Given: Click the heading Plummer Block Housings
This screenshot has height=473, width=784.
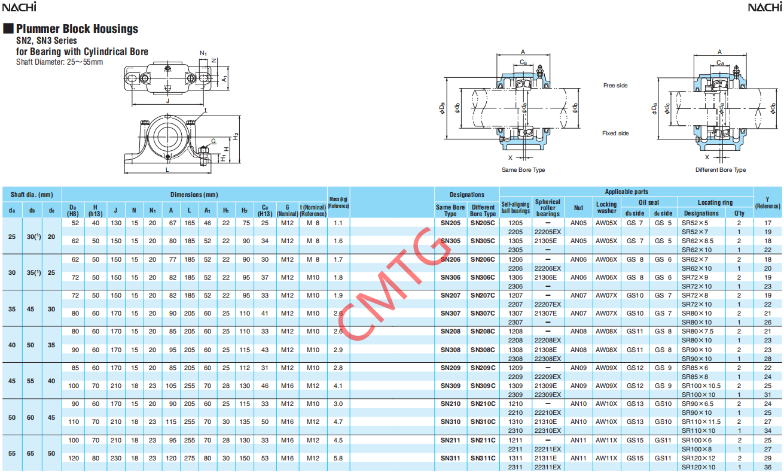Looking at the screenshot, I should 77,29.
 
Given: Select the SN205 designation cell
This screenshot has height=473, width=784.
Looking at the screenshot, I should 450,223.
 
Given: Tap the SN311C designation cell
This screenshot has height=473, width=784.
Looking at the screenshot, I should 483,458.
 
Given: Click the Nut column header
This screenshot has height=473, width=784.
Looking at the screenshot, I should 578,208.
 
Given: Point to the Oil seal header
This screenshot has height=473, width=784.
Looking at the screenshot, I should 649,202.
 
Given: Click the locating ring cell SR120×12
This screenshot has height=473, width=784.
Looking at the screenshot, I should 698,458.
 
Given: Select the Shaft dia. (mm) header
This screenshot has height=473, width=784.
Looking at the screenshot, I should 32,195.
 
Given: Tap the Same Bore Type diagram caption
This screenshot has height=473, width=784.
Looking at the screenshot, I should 523,170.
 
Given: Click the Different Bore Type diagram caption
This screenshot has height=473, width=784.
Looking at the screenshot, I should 720,170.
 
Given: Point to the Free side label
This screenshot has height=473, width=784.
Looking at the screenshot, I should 615,86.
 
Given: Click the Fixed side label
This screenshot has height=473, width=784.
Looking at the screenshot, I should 615,134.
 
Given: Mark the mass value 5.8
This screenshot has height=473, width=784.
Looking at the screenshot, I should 338,458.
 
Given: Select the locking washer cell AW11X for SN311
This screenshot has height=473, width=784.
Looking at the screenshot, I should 606,458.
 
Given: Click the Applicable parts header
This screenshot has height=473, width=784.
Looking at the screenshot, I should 626,192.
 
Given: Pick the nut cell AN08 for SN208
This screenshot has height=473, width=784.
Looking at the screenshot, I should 578,331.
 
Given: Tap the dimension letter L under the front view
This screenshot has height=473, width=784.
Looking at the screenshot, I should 167,169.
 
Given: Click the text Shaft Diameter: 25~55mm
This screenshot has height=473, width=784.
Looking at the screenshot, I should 59,62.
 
